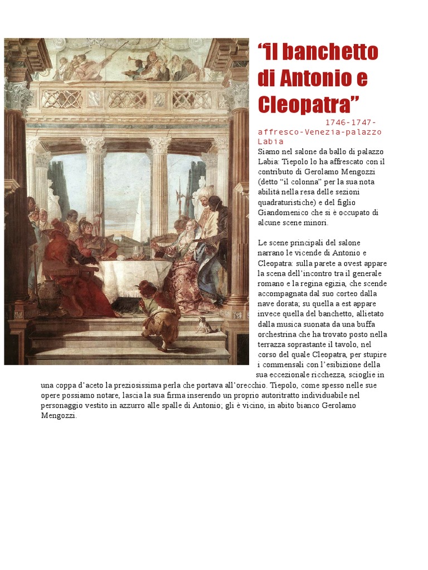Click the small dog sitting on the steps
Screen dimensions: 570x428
[205, 325]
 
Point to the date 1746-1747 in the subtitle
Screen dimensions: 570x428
[351, 122]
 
